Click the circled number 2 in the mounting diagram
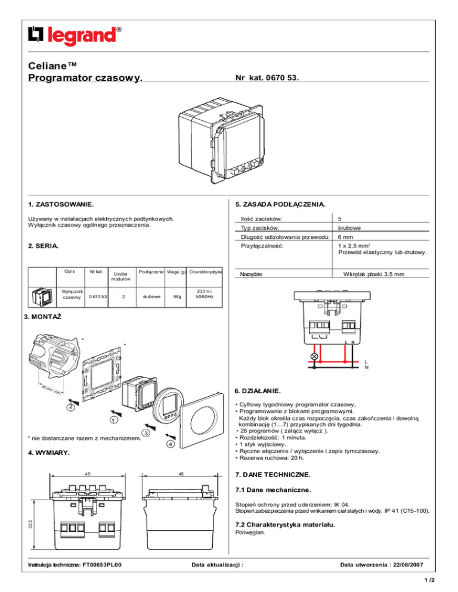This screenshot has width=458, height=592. point(70,407)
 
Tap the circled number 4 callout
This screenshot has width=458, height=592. point(170,444)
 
